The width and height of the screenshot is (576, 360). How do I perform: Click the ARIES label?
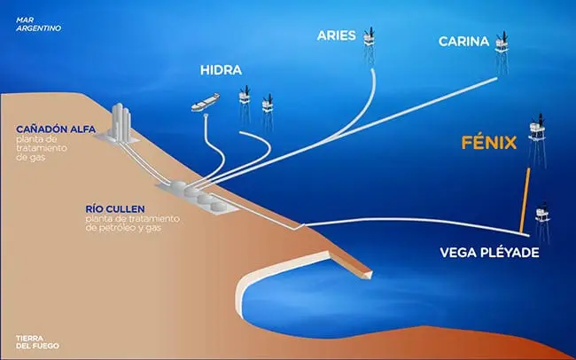pyautogui.click(x=336, y=35)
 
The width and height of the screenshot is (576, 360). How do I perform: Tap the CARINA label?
pyautogui.click(x=463, y=42)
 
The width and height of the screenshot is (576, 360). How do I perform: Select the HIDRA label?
pyautogui.click(x=221, y=70)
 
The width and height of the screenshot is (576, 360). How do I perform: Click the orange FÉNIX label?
pyautogui.click(x=489, y=143)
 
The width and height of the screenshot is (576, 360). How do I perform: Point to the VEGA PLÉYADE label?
pyautogui.click(x=489, y=253)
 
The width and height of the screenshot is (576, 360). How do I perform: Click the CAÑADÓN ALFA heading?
pyautogui.click(x=56, y=129)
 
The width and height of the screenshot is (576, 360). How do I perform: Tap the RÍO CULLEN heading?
pyautogui.click(x=115, y=209)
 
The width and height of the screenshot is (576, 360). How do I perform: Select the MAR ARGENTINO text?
pyautogui.click(x=38, y=24)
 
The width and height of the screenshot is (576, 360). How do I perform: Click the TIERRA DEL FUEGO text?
pyautogui.click(x=37, y=342)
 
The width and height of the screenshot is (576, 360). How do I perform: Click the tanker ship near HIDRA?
pyautogui.click(x=206, y=102)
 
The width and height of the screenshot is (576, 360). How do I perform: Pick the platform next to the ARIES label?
pyautogui.click(x=370, y=46)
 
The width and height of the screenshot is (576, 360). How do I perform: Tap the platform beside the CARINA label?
pyautogui.click(x=502, y=52)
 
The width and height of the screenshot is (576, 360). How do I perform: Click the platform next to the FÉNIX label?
pyautogui.click(x=537, y=140)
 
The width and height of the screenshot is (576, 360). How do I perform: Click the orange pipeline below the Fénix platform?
pyautogui.click(x=525, y=200)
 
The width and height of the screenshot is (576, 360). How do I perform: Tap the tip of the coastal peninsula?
pyautogui.click(x=372, y=274)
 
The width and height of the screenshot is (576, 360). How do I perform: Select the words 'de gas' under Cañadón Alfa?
pyautogui.click(x=30, y=157)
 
